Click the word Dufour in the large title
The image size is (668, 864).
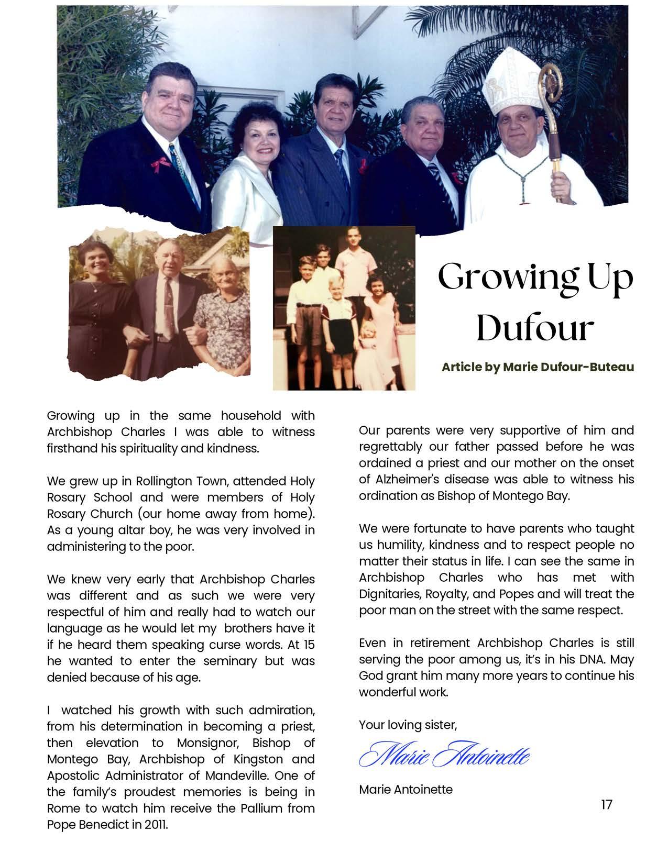[534, 328]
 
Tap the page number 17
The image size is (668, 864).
[606, 804]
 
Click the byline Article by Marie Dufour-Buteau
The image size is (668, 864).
[538, 367]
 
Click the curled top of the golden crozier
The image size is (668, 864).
[550, 79]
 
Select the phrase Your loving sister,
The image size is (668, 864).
[408, 725]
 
